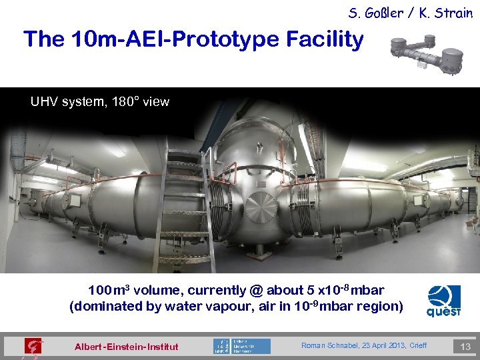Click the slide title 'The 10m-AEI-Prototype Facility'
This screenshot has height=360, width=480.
pos(193,40)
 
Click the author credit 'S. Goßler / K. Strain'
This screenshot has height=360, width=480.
pos(409,13)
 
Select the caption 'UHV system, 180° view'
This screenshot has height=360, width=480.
pos(100,102)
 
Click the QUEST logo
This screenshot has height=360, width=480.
pos(444,301)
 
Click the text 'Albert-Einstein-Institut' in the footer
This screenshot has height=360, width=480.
pos(127,347)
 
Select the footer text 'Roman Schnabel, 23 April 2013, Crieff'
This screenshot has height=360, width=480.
pos(364,345)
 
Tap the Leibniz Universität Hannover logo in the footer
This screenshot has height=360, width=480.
pos(241,346)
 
